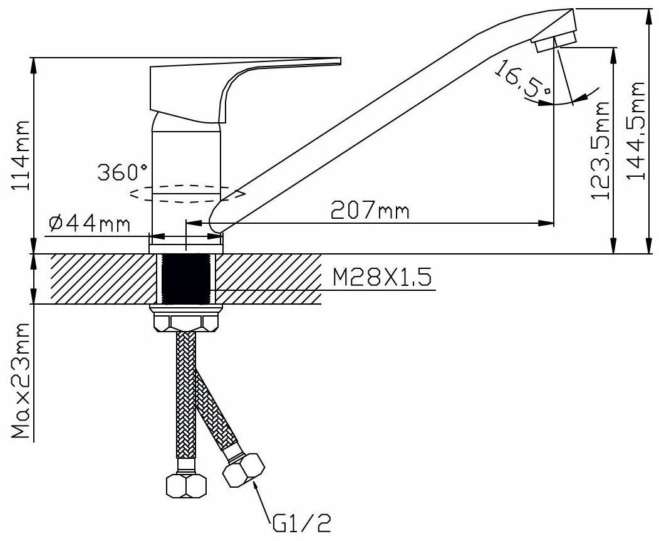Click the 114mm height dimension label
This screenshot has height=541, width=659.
tap(21, 155)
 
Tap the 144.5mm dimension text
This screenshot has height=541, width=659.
tap(635, 131)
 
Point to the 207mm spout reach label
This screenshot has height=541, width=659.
tap(370, 210)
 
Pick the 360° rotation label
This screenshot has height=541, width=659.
tap(123, 172)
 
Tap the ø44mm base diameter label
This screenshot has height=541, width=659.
tap(90, 224)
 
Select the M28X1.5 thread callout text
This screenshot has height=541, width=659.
tap(382, 278)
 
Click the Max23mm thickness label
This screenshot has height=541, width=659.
tap(21, 381)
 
